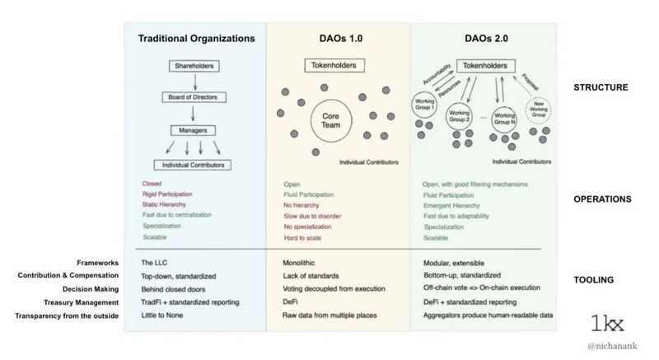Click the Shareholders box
tap(194, 65)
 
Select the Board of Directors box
tap(194, 98)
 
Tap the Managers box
tap(194, 130)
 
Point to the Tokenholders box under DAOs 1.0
tap(334, 65)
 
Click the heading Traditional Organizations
tap(194, 38)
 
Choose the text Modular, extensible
tap(451, 263)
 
